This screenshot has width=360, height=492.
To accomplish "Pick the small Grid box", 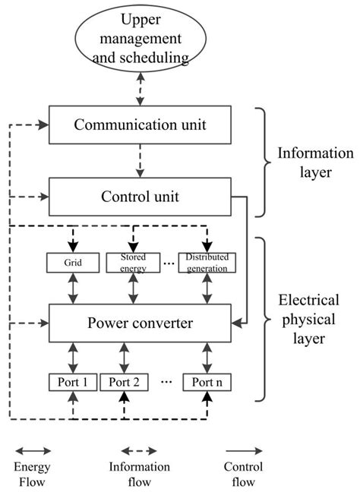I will click(74, 263).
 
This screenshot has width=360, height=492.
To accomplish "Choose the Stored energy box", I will click(132, 263).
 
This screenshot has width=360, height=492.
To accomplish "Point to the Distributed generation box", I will click(207, 263).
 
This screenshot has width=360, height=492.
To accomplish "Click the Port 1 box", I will click(73, 382).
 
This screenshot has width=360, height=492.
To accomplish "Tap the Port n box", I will click(207, 382).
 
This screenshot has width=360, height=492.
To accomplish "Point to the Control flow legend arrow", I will click(244, 449).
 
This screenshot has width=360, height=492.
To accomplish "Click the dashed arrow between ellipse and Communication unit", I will click(137, 90).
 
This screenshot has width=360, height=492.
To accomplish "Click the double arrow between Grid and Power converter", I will click(74, 289).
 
